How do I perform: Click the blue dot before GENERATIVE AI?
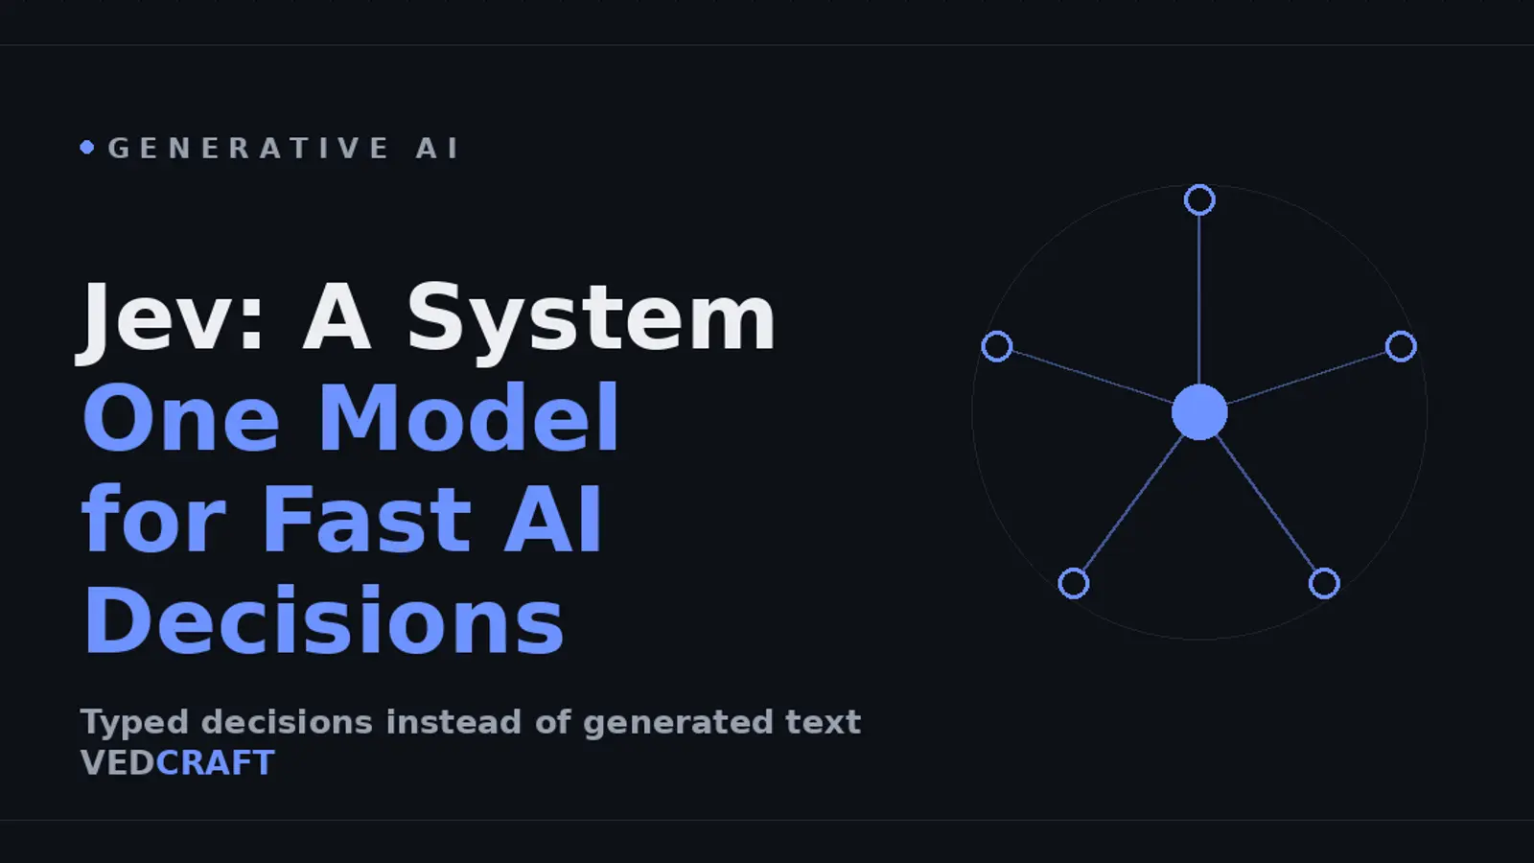(x=87, y=148)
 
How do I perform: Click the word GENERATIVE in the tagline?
(x=249, y=149)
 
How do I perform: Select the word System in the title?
(x=591, y=320)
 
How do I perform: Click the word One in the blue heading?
(x=181, y=418)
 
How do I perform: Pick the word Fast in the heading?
(x=366, y=518)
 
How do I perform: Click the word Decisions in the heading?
(x=323, y=619)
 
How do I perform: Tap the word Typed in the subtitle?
(x=134, y=723)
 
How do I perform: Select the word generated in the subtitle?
(x=678, y=723)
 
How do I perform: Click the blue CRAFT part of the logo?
(x=215, y=763)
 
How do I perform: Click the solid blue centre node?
(x=1199, y=411)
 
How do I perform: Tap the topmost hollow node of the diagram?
(x=1199, y=186)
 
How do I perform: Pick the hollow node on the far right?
(x=1416, y=346)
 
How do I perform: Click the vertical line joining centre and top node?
(x=1199, y=300)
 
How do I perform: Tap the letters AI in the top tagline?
(x=437, y=149)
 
